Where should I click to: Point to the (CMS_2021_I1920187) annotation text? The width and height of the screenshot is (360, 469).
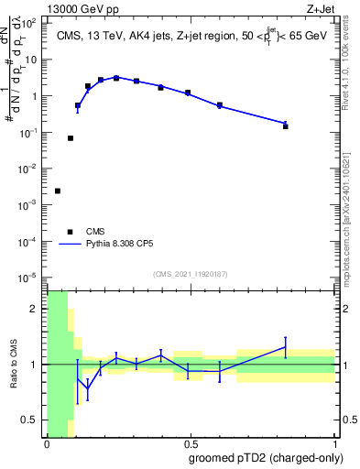coord(190,273)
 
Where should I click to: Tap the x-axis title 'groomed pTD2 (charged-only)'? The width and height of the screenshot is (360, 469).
coord(266,458)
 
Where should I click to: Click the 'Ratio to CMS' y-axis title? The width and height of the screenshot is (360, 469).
coord(14,364)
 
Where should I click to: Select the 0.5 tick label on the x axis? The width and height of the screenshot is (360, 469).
coord(190,444)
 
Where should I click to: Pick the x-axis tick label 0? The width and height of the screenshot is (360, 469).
coord(47,444)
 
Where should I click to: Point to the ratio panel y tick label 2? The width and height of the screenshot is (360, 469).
coord(34,309)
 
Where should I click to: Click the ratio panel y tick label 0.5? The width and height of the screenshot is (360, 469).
coord(30,420)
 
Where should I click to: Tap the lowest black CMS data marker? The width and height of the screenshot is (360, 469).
coord(58,191)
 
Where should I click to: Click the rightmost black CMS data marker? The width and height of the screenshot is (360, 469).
coord(286,126)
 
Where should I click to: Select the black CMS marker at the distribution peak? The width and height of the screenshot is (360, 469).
coord(116,78)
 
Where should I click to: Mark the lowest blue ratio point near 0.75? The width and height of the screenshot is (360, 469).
coord(88,388)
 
